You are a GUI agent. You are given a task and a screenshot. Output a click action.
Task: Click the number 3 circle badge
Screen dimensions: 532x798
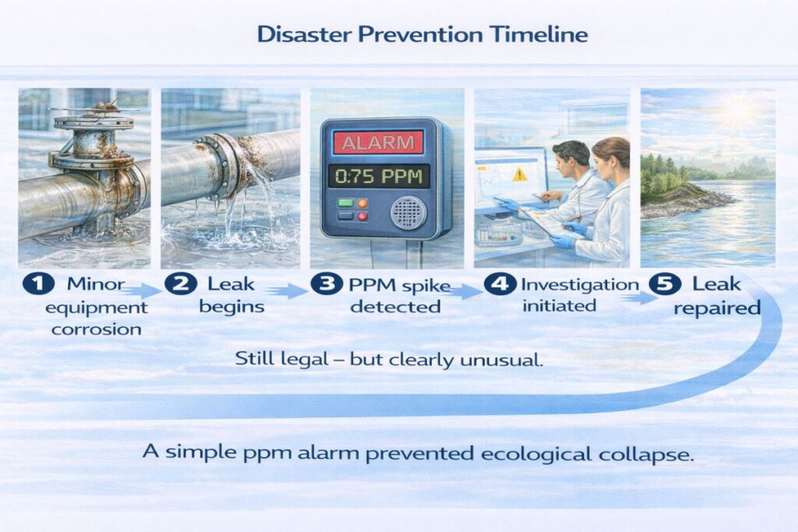point(322,284)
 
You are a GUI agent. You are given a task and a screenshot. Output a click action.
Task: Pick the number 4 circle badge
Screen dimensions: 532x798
point(496,284)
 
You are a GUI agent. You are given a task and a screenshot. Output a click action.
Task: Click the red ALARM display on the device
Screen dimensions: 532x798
point(378,143)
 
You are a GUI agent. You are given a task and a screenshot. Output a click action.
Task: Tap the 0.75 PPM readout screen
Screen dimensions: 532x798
point(378,175)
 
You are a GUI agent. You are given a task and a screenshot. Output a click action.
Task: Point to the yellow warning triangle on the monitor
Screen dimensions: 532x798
point(517,176)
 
